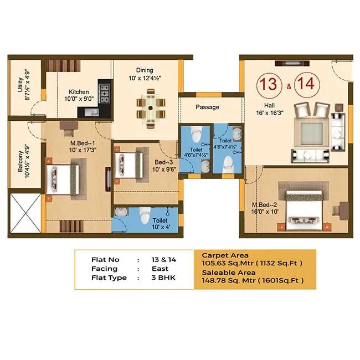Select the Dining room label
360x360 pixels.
(146, 70)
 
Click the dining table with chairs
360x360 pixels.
(150, 107)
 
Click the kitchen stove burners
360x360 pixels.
(104, 91)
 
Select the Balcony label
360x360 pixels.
(20, 163)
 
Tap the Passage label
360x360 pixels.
(208, 107)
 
